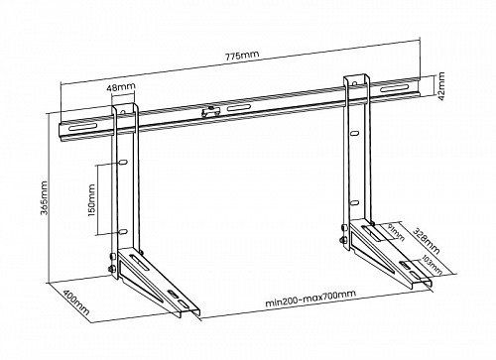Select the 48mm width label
[x=125, y=87]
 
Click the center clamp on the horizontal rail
[x=209, y=111]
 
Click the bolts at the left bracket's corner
[x=110, y=266]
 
